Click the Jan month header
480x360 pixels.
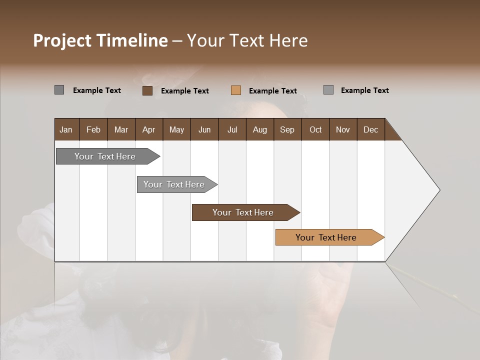click(x=66, y=130)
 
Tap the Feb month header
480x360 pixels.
click(x=93, y=130)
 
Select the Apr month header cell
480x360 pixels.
click(x=148, y=130)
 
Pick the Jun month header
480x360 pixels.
click(x=204, y=130)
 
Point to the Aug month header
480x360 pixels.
click(x=260, y=130)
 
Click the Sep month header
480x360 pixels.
click(x=287, y=130)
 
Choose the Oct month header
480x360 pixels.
click(x=315, y=130)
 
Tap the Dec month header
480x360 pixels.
click(x=370, y=130)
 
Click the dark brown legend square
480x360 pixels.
click(x=147, y=90)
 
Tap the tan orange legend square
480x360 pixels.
click(x=236, y=90)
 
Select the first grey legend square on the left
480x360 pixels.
click(x=59, y=90)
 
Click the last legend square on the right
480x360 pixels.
click(x=328, y=90)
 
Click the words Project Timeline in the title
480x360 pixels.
click(x=100, y=40)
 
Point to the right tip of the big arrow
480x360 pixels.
click(x=438, y=190)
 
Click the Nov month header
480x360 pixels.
click(x=343, y=130)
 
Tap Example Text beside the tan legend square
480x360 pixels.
click(x=273, y=91)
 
